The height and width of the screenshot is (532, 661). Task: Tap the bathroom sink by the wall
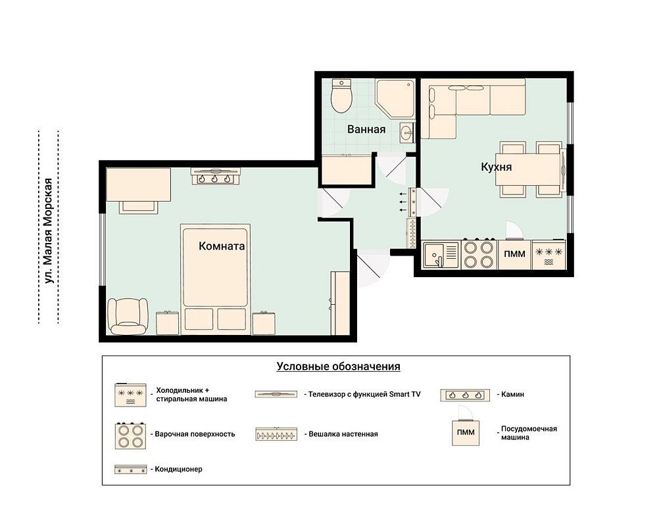coord(407,133)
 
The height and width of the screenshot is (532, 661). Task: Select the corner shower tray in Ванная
coord(395,99)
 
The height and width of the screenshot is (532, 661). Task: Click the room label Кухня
coord(496,167)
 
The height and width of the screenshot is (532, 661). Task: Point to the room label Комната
coord(222,246)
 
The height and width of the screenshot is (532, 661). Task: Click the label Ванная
coord(366,129)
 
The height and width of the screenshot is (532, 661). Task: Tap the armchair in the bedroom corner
coord(128,316)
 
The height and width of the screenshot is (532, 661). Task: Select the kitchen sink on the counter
coord(441,255)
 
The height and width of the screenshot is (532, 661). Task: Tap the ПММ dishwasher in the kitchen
coord(515,254)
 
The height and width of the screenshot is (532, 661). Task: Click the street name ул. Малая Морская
coord(49,231)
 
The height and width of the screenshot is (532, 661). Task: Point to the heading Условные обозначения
coord(339,366)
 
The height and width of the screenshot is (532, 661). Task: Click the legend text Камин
coord(512,395)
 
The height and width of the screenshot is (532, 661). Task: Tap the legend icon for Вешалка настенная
coord(276,434)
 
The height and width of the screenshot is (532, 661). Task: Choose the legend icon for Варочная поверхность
coord(130,435)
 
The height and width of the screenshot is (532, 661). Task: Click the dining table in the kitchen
coord(529,170)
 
